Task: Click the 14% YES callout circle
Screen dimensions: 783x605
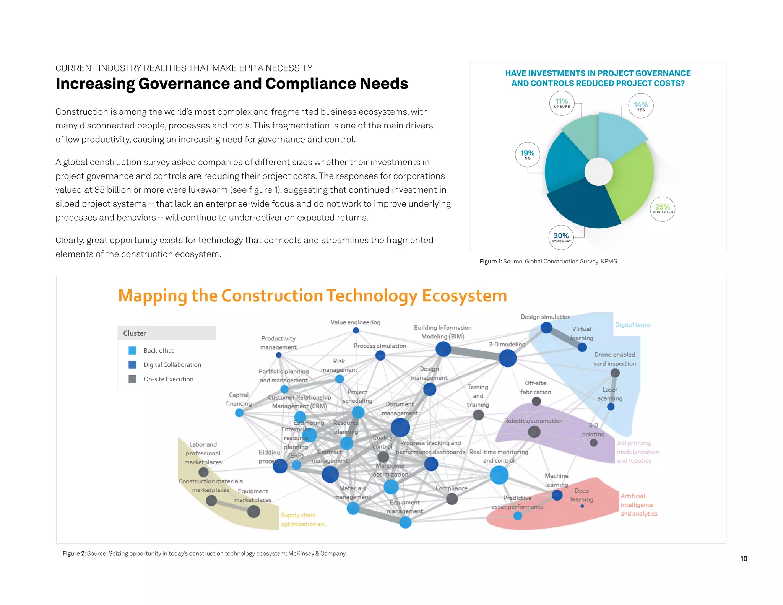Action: click(641, 106)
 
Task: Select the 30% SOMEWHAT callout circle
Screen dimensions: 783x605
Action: click(561, 237)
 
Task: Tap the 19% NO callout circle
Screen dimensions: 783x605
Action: click(528, 155)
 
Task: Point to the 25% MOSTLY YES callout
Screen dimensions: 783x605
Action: click(663, 209)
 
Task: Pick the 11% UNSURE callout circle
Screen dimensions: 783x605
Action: click(562, 103)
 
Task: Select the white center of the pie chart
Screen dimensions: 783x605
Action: click(599, 172)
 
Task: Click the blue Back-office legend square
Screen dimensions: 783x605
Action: click(133, 350)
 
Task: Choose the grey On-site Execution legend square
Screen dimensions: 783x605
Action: click(133, 379)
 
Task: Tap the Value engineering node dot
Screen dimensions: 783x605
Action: click(356, 330)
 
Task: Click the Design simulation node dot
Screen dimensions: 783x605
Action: click(546, 328)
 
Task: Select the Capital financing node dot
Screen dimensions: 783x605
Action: click(239, 413)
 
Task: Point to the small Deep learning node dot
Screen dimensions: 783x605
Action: click(582, 506)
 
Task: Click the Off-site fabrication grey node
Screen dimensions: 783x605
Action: click(536, 401)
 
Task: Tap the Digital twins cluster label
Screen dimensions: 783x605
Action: click(633, 325)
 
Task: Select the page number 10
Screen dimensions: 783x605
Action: click(744, 559)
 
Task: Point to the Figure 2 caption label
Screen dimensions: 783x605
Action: click(74, 553)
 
